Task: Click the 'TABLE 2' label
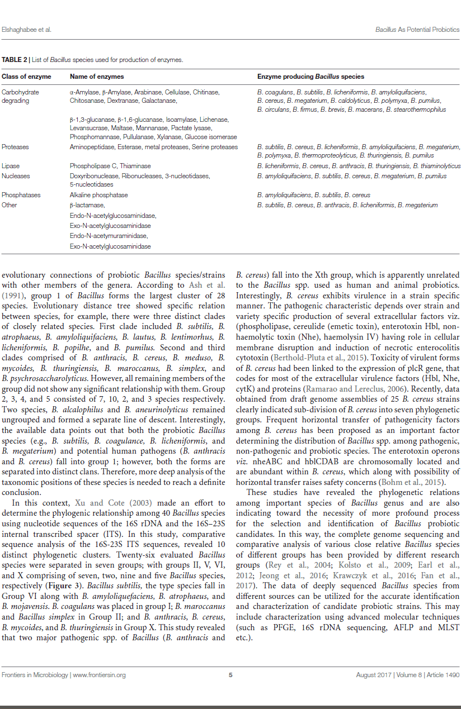click(13, 59)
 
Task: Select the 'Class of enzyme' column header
click(26, 77)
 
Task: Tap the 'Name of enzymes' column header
click(97, 77)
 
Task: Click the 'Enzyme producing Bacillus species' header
click(311, 77)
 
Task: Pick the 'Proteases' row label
click(15, 147)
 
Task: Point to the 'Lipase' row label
click(11, 166)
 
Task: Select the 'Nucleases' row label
click(16, 176)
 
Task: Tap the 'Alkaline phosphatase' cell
click(98, 195)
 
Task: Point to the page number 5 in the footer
click(230, 675)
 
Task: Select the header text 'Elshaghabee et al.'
click(27, 29)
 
